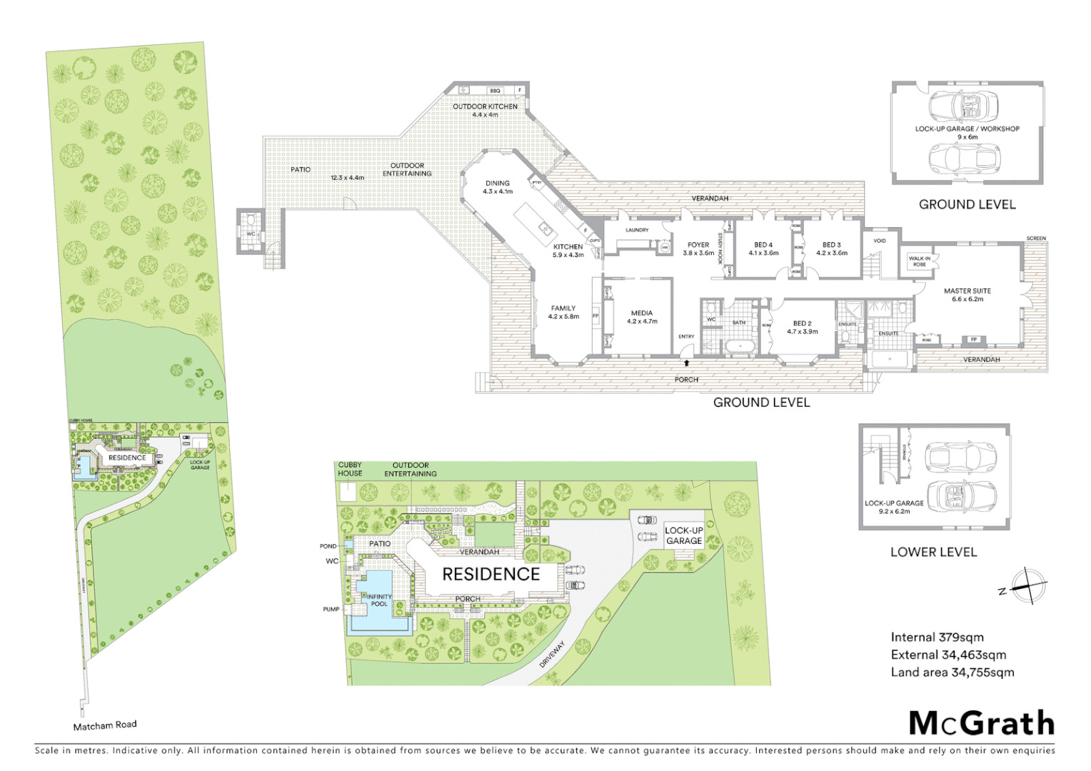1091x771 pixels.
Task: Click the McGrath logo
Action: tap(981, 723)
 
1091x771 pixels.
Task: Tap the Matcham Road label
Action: tap(104, 725)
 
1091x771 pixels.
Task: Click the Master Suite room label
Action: tap(967, 295)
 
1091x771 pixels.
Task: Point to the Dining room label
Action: tap(498, 187)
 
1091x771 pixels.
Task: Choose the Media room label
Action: tap(641, 317)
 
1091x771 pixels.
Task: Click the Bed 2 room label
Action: tap(802, 327)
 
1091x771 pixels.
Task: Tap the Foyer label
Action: tap(698, 248)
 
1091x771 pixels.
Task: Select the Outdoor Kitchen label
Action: tap(485, 110)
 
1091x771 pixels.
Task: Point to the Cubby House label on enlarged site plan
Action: tap(350, 469)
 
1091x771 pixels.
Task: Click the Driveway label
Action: tap(552, 654)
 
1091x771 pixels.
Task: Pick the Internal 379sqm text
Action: tap(937, 638)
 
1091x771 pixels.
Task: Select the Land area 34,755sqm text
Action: tap(952, 672)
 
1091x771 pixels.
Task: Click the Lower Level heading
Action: tap(933, 552)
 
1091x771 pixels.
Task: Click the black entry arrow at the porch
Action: tap(686, 363)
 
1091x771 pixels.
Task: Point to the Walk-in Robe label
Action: tap(919, 261)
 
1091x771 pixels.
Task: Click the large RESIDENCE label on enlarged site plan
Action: tap(491, 575)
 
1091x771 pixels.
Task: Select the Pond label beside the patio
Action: tap(328, 546)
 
